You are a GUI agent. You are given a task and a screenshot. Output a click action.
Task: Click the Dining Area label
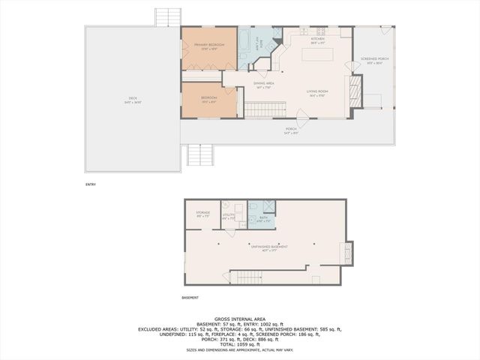click(x=262, y=84)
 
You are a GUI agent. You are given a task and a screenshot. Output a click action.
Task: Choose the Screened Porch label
click(x=373, y=59)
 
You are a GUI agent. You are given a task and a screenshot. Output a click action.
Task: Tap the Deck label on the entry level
click(x=132, y=97)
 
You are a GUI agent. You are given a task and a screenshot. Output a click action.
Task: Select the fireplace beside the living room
click(x=357, y=90)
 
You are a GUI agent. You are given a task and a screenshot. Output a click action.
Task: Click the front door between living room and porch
click(x=301, y=117)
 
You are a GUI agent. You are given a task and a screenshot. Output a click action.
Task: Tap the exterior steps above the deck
click(x=165, y=17)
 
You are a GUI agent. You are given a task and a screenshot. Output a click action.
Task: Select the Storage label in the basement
click(x=203, y=213)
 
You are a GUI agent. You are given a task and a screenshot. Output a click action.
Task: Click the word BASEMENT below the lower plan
click(x=190, y=298)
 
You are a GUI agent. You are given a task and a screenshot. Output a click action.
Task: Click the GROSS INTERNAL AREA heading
click(x=239, y=319)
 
